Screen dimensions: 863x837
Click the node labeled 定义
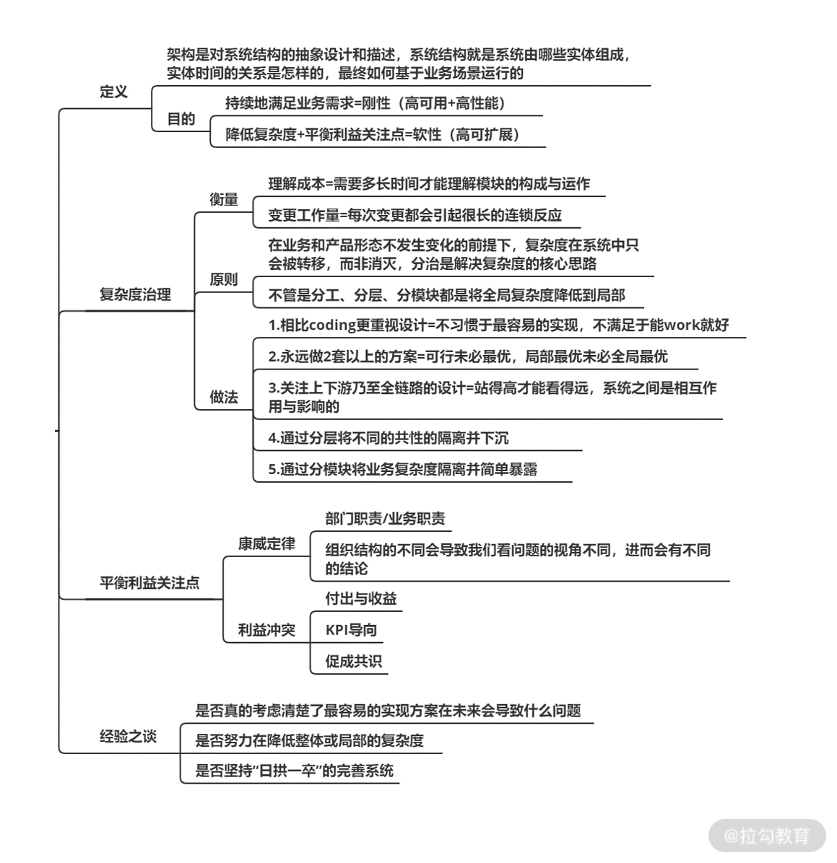pos(113,92)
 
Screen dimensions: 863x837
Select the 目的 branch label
pos(181,119)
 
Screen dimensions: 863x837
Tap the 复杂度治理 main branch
pos(135,294)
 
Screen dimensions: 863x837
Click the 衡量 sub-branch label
pos(224,200)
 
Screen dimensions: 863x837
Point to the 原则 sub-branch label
pos(224,279)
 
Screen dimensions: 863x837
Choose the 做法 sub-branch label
pos(224,397)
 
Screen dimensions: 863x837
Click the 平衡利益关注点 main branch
pos(149,583)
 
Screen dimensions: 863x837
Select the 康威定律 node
pos(266,543)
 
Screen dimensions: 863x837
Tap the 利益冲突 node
pos(266,630)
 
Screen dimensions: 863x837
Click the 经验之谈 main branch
pos(128,737)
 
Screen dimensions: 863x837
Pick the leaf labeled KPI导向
pos(351,630)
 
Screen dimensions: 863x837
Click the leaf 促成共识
pos(353,661)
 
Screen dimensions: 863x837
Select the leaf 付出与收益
pos(360,598)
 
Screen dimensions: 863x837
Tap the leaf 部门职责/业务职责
pos(385,518)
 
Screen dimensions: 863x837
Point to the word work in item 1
pos(682,325)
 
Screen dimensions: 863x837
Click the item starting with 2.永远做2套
pos(468,356)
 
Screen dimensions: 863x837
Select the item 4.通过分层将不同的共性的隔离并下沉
pos(389,438)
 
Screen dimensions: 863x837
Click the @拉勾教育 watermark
pos(767,836)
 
